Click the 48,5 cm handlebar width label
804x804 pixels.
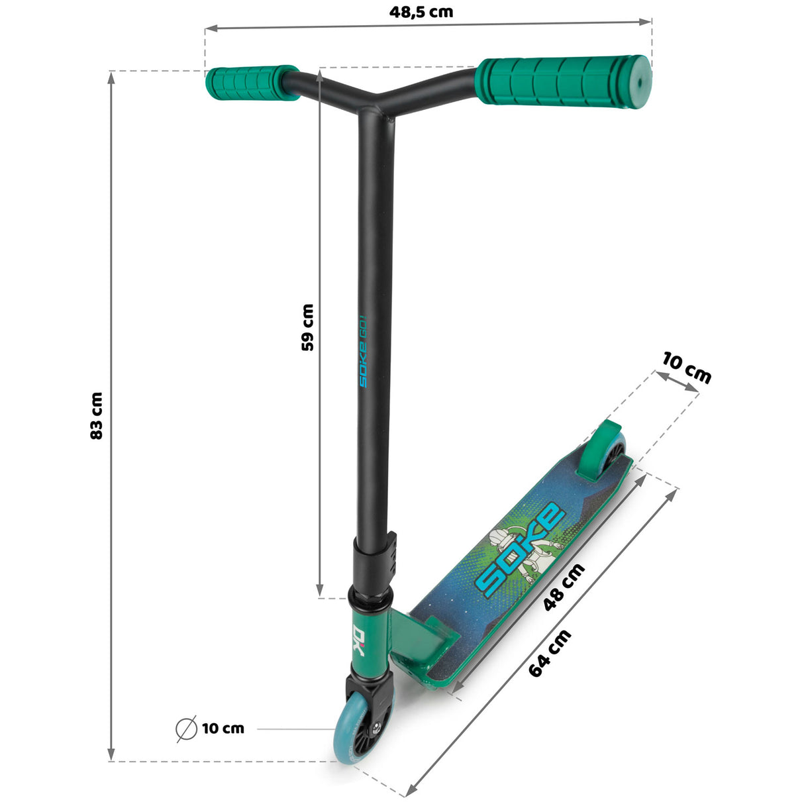421,12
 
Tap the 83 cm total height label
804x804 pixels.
97,416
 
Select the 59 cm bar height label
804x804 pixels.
307,327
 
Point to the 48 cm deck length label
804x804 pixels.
564,586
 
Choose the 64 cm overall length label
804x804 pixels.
550,653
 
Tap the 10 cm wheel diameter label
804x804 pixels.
223,729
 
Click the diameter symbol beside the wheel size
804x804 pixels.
187,729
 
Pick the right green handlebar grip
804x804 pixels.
563,81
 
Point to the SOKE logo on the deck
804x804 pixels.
520,550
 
